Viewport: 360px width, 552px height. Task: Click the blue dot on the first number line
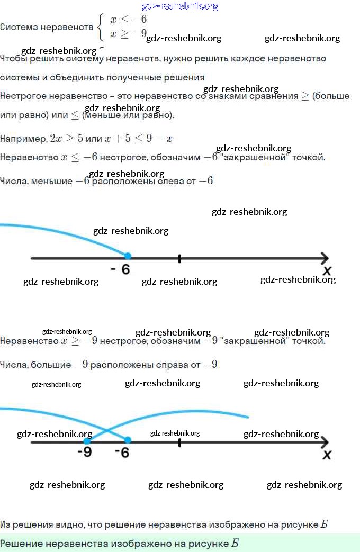[x=128, y=256]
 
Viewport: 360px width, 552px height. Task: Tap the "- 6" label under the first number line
[x=121, y=269]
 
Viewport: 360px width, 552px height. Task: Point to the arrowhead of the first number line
[x=324, y=258]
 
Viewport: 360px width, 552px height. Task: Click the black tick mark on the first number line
[x=179, y=258]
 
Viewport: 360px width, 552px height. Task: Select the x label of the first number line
[x=327, y=271]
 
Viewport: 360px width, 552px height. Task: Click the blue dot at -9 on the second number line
[x=87, y=440]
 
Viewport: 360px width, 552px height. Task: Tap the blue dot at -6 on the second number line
[x=128, y=440]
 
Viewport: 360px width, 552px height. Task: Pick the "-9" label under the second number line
[x=84, y=453]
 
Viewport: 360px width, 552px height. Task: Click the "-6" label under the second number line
[x=122, y=453]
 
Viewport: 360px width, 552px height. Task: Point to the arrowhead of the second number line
[x=324, y=442]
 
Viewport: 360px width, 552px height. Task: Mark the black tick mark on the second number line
[x=179, y=442]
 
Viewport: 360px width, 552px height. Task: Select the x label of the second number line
[x=327, y=455]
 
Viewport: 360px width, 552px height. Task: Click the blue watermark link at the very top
[x=180, y=6]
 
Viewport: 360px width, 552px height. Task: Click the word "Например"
[x=23, y=139]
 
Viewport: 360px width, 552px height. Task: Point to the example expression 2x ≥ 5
[x=66, y=139]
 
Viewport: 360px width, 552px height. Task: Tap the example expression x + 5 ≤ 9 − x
[x=138, y=139]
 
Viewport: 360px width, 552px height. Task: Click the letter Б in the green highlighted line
[x=235, y=544]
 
